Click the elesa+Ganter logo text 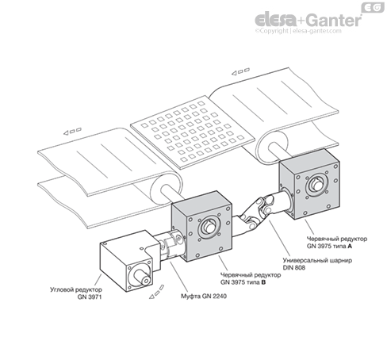pyautogui.click(x=308, y=20)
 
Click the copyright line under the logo pyautogui.click(x=298, y=31)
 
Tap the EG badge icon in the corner pyautogui.click(x=373, y=7)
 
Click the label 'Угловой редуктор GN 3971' pyautogui.click(x=76, y=293)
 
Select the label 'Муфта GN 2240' pyautogui.click(x=204, y=297)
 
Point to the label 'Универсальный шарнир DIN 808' pyautogui.click(x=317, y=264)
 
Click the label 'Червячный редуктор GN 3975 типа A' pyautogui.click(x=337, y=243)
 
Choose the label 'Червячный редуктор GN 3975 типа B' pyautogui.click(x=251, y=278)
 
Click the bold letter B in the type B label pyautogui.click(x=263, y=282)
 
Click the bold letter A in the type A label pyautogui.click(x=350, y=246)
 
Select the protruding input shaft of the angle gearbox pyautogui.click(x=142, y=278)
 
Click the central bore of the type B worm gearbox pyautogui.click(x=209, y=228)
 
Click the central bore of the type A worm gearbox pyautogui.click(x=317, y=184)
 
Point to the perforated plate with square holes pyautogui.click(x=193, y=132)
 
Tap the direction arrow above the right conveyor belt pyautogui.click(x=240, y=71)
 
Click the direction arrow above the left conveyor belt pyautogui.click(x=72, y=132)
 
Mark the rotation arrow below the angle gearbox pyautogui.click(x=156, y=292)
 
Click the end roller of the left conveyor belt pyautogui.click(x=167, y=188)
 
